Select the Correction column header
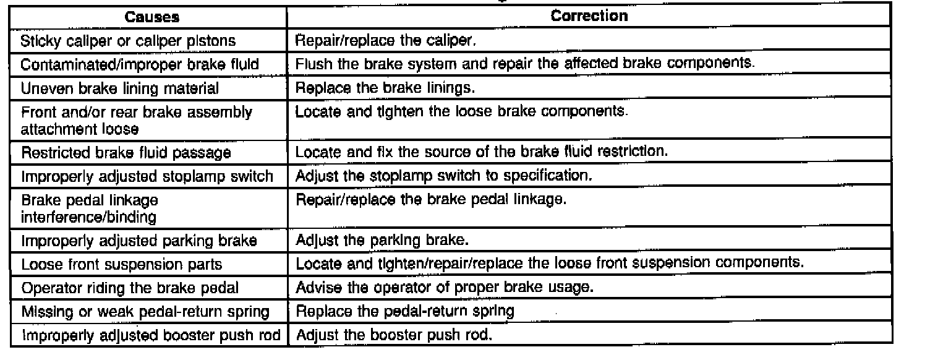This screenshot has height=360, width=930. [x=589, y=17]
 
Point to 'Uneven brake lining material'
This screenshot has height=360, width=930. [x=119, y=88]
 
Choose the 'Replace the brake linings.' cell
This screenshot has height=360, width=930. [x=385, y=88]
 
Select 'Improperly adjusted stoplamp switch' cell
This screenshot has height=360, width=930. [x=147, y=176]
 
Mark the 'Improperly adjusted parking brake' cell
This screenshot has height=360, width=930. [x=139, y=239]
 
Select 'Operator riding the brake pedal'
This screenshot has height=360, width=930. [x=129, y=288]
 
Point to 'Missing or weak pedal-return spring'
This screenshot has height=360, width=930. [x=145, y=312]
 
